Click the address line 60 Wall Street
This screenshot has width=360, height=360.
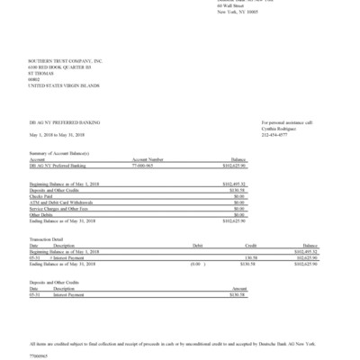point(231,6)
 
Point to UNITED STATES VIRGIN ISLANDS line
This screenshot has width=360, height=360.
point(63,85)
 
